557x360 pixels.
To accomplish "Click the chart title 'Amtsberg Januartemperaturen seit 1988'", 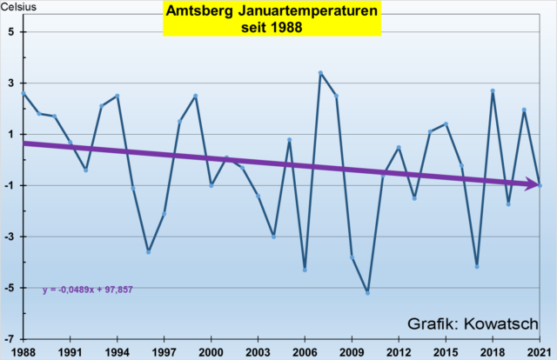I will click(x=272, y=18).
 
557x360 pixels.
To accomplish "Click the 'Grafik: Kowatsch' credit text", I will click(x=473, y=323).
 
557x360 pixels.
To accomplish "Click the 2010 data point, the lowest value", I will click(x=367, y=293).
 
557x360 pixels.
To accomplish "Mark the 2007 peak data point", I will click(x=320, y=73).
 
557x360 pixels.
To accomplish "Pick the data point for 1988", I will click(x=23, y=93).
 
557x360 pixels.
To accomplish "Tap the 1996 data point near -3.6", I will click(x=149, y=251).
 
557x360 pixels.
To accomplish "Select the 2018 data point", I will click(x=493, y=90).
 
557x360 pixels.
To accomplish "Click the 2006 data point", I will click(x=305, y=270).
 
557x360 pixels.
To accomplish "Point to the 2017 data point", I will click(x=477, y=266).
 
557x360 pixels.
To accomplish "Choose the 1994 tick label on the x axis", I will click(x=117, y=350).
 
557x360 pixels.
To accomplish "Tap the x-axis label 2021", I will click(x=540, y=350).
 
